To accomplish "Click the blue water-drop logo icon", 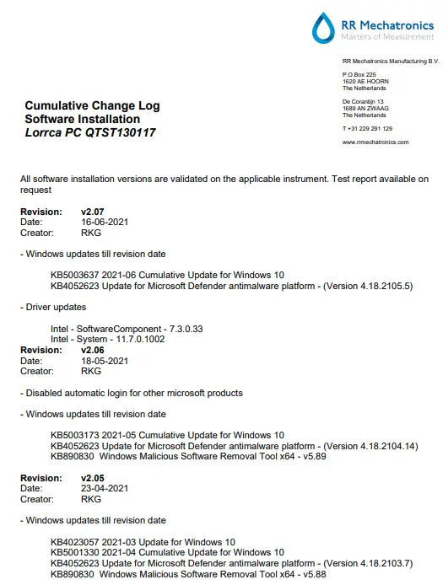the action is click(323, 28).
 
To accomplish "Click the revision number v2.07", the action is click(92, 212).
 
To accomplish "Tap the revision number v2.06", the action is click(92, 349).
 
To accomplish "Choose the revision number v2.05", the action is click(92, 478).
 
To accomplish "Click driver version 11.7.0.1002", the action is click(143, 339).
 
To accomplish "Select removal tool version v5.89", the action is click(314, 456).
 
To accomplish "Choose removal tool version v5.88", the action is click(314, 574).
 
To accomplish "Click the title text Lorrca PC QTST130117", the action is click(90, 133).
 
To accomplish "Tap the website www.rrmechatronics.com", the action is click(375, 142).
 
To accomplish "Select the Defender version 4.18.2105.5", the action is click(381, 286).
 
